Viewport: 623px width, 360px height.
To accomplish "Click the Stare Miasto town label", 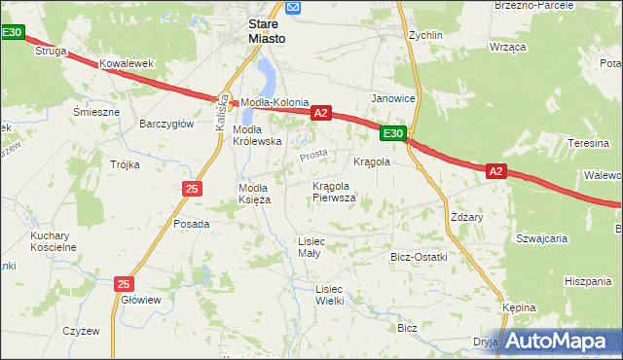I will tap(266, 29).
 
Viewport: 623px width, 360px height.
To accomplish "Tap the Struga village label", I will tap(51, 50).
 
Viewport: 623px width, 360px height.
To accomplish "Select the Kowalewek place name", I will tap(127, 63).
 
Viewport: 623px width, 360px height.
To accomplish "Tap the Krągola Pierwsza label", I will tap(334, 192).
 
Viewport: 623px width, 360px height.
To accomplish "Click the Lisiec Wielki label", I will tap(330, 294).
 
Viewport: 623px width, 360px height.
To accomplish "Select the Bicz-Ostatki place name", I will tap(418, 257).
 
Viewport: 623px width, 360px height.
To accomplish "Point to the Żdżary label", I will tap(467, 217).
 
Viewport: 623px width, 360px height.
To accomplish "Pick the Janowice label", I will tap(394, 98).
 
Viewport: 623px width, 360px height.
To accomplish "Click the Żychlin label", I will tap(426, 33).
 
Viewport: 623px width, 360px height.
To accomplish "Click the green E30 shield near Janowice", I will tap(392, 133).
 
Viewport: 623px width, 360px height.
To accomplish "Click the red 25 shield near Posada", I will tap(192, 188).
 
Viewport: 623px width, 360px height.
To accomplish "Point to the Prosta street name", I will tap(313, 154).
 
